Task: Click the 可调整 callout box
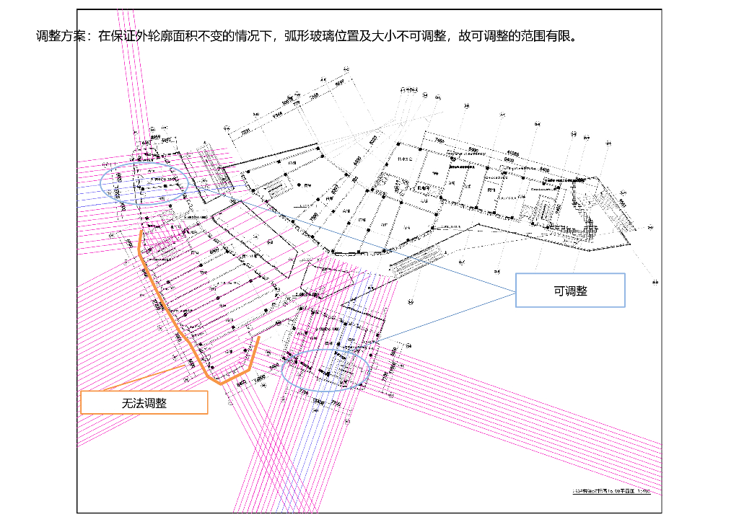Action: click(x=570, y=291)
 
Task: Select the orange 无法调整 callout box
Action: click(x=144, y=402)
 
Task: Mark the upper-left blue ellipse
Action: click(x=144, y=183)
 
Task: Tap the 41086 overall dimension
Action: click(x=513, y=153)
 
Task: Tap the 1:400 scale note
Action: click(x=644, y=490)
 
